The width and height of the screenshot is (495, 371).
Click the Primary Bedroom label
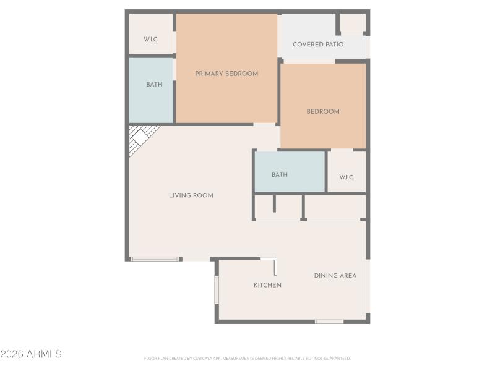point(226,74)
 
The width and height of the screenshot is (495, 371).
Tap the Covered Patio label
point(318,45)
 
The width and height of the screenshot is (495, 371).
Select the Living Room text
point(191,195)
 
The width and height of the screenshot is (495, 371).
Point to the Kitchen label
point(267,285)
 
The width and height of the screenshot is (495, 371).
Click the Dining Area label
point(335,276)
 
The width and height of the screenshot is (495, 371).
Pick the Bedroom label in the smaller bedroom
point(323,112)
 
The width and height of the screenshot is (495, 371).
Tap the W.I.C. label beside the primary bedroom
point(151,40)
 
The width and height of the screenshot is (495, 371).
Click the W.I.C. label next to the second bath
point(346,177)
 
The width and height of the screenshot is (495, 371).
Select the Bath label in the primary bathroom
point(154,85)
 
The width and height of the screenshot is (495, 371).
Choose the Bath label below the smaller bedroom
point(280,175)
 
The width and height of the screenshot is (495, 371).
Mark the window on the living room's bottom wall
point(155,258)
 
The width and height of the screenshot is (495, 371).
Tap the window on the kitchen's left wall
point(217,289)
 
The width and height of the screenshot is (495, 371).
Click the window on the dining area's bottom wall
point(329,322)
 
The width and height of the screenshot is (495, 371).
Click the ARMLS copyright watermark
point(31,354)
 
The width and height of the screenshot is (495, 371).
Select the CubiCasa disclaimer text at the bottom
point(247,358)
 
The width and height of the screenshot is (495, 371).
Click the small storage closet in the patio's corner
point(353,23)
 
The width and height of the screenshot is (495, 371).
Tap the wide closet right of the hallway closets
point(334,207)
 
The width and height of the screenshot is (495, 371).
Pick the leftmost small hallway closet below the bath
point(264,207)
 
